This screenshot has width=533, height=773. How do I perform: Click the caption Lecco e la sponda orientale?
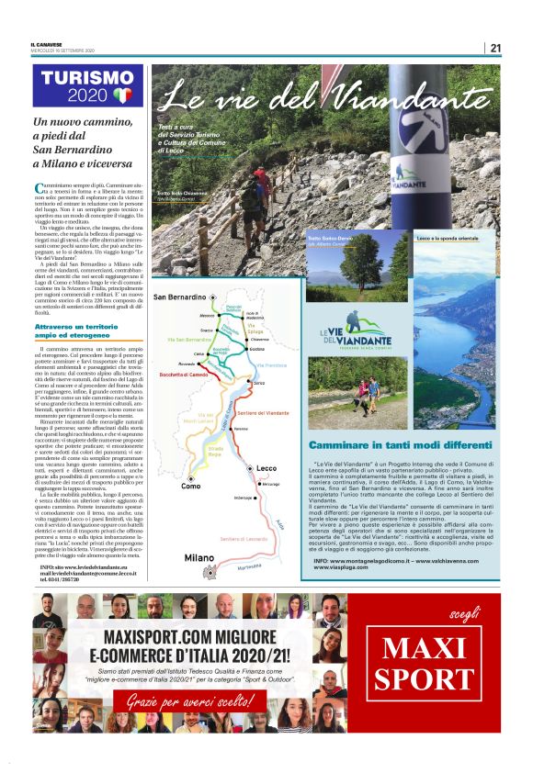coord(448,239)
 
